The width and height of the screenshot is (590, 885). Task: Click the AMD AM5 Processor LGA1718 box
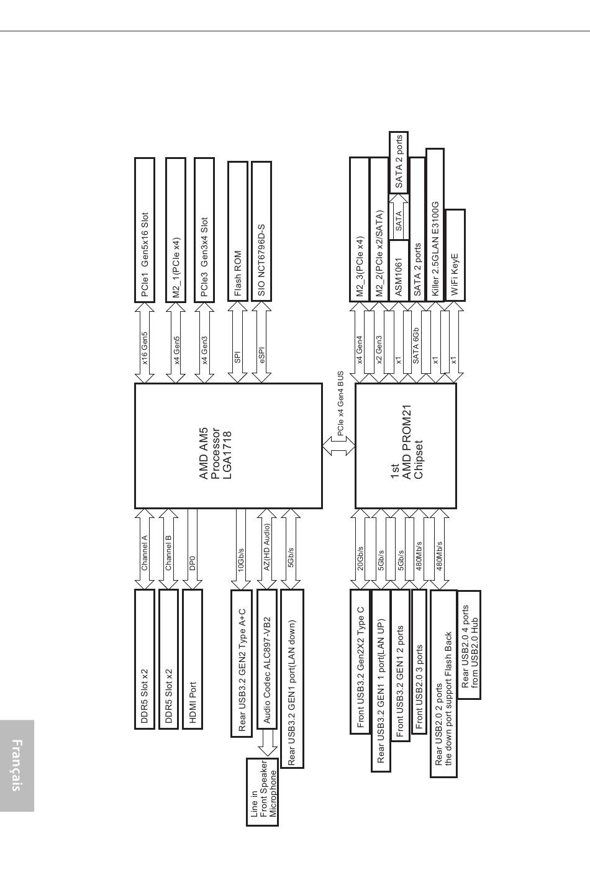(229, 446)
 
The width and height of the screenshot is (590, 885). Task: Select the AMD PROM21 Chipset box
(406, 446)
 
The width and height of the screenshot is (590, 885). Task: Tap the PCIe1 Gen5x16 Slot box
(145, 230)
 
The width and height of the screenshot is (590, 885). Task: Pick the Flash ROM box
(238, 231)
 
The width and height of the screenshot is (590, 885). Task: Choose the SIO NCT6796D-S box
(261, 231)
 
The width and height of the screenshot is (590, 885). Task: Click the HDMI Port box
(193, 659)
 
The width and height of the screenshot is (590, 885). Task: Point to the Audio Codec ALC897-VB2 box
(267, 659)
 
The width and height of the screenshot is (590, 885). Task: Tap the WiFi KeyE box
(455, 255)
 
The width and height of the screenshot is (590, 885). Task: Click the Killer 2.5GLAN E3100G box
(435, 225)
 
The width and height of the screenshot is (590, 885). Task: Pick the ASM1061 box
(399, 271)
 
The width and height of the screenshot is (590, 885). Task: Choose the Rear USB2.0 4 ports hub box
(469, 645)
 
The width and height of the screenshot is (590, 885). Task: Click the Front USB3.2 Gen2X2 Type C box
(360, 661)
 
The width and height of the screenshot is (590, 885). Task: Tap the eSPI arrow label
(261, 355)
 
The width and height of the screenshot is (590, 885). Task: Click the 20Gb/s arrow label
(360, 558)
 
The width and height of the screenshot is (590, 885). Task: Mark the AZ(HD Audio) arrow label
(267, 547)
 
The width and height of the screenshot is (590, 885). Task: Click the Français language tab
(17, 765)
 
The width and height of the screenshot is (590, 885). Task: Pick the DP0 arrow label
(193, 563)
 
